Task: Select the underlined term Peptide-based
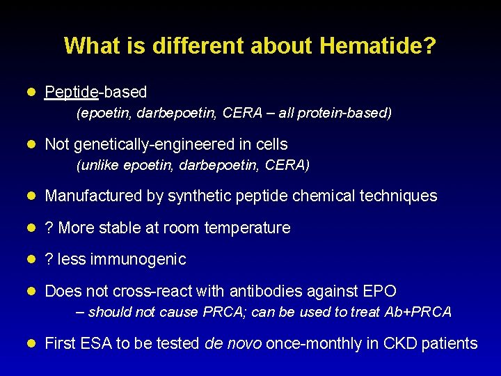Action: click(x=95, y=92)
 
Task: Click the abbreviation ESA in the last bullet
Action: click(x=93, y=343)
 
